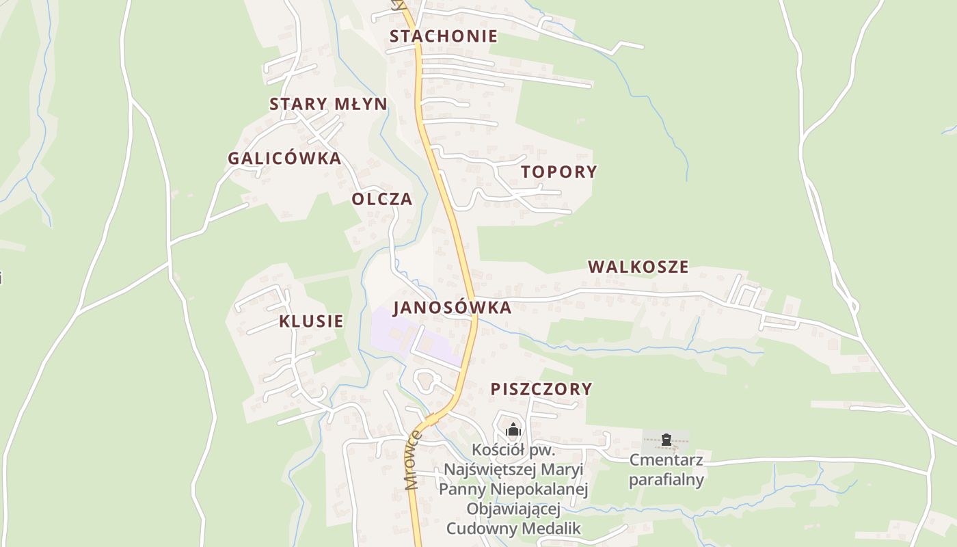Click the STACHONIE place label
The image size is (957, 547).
pos(444,36)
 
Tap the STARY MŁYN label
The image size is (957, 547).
pos(328,104)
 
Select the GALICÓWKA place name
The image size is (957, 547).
pos(284,158)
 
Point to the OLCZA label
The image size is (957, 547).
pos(382,199)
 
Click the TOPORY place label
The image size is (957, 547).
pos(559,172)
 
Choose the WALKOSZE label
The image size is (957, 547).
pos(638,267)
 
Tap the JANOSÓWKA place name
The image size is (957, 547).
pos(453,308)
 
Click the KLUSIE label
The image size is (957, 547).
pos(311,321)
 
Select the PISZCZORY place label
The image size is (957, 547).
pos(541,389)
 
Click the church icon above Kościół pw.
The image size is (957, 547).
pos(513,429)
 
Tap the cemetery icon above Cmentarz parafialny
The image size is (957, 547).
pos(666,440)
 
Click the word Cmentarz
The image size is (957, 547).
pos(666,459)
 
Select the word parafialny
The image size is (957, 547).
pos(666,479)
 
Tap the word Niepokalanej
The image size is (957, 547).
pos(544,490)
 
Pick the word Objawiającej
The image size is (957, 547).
pos(513,509)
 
